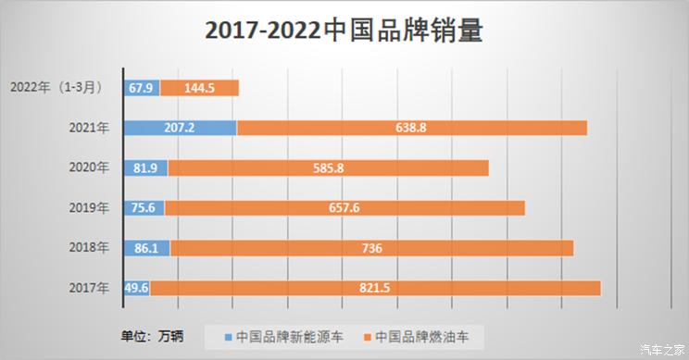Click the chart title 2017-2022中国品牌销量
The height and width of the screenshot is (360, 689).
point(344,31)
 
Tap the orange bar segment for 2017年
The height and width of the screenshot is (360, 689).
point(463,288)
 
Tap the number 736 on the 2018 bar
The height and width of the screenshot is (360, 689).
point(370,248)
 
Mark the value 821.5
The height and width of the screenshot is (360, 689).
point(374,288)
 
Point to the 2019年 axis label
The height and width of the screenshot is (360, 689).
point(89,208)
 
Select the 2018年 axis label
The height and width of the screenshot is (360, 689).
point(89,248)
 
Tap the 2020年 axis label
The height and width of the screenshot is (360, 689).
point(89,168)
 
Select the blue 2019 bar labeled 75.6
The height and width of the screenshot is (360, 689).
point(143,208)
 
